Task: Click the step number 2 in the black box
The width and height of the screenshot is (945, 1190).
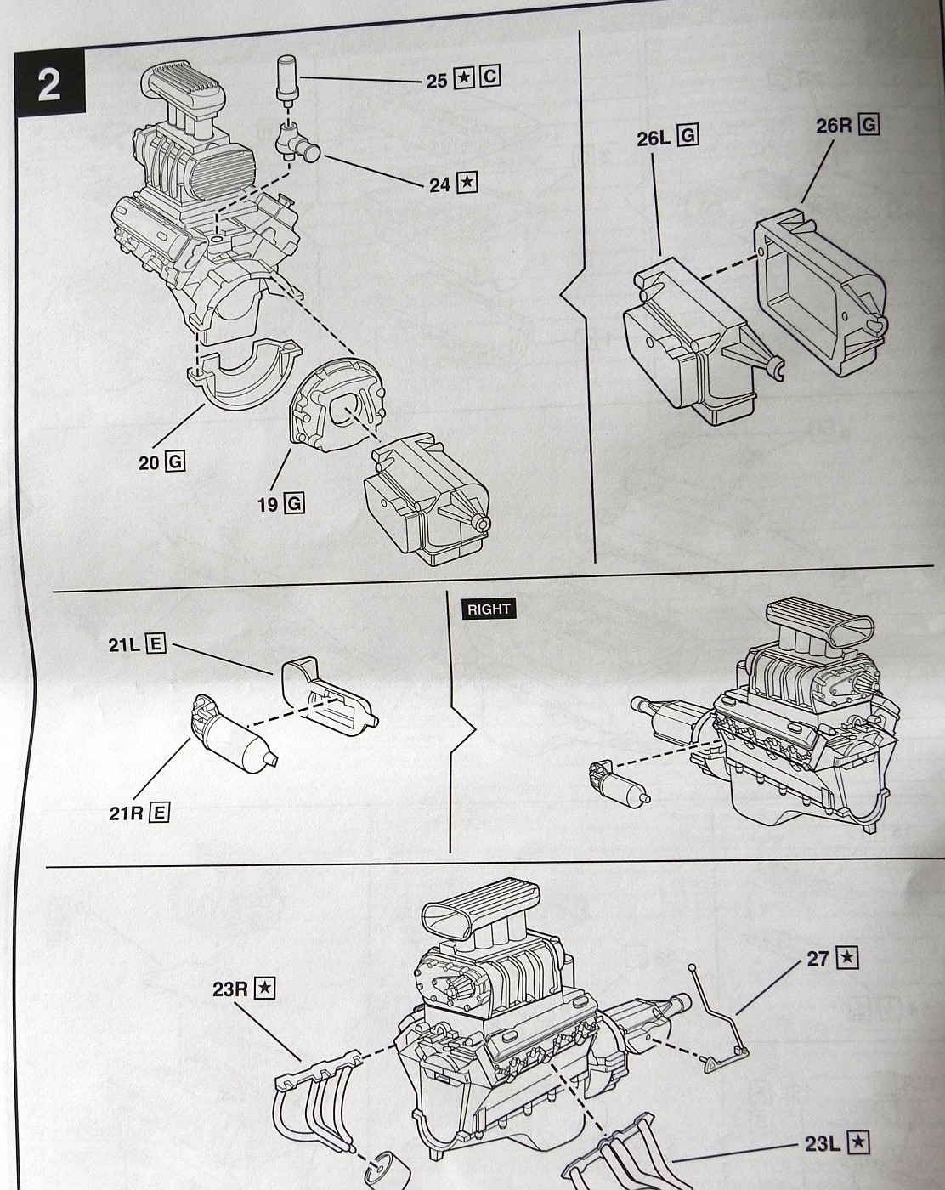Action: click(49, 83)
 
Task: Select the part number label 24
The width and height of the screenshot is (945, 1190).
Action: click(439, 184)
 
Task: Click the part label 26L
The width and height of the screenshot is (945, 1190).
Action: click(654, 138)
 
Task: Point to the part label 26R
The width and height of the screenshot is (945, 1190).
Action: click(833, 127)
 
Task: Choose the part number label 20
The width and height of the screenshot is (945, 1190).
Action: click(149, 462)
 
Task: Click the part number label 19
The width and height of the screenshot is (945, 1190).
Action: click(268, 504)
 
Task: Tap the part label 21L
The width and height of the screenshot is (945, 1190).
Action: click(123, 645)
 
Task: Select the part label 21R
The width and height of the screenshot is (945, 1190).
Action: click(127, 813)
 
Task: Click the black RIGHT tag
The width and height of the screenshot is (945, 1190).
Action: click(488, 609)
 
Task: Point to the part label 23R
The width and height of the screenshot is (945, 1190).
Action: click(230, 989)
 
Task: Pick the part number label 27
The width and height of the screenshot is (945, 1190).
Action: click(818, 959)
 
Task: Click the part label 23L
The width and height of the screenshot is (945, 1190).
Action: click(822, 1143)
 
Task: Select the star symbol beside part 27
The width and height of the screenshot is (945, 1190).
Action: click(846, 959)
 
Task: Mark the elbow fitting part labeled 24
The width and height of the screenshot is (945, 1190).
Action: click(296, 141)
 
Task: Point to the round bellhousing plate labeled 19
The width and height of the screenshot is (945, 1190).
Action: click(337, 403)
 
